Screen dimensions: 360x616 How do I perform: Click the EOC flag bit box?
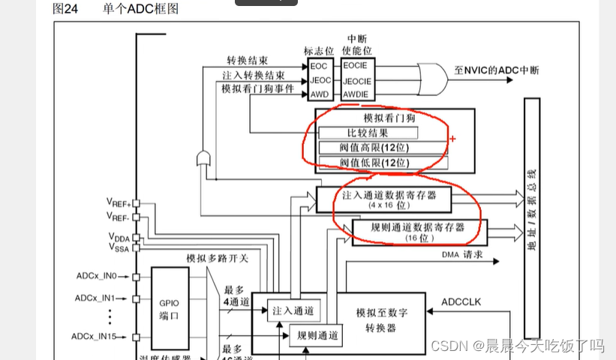pyautogui.click(x=320, y=66)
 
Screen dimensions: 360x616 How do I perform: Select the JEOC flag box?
pyautogui.click(x=320, y=80)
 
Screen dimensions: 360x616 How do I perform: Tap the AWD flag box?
pyautogui.click(x=320, y=94)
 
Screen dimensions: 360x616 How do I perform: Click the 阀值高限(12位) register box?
pyautogui.click(x=383, y=147)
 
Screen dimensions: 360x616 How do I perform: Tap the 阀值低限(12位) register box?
pyautogui.click(x=383, y=162)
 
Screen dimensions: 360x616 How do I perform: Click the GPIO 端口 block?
pyautogui.click(x=168, y=310)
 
